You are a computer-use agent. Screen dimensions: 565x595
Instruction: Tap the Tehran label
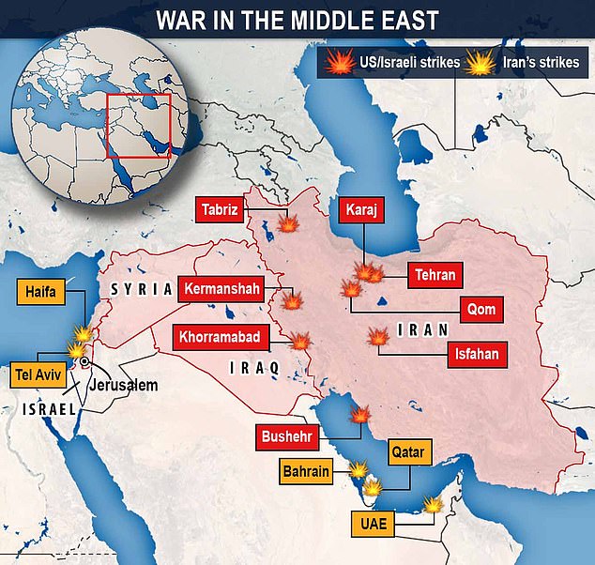click(x=434, y=275)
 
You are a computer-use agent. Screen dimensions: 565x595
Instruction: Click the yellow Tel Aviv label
click(x=36, y=373)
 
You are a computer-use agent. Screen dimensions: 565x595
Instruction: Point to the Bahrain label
click(x=306, y=471)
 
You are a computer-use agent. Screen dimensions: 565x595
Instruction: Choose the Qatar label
click(x=407, y=453)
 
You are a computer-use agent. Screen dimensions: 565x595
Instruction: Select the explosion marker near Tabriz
click(x=288, y=225)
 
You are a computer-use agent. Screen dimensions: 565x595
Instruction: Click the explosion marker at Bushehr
click(x=359, y=415)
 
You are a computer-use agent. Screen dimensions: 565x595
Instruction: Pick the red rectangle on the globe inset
click(x=138, y=125)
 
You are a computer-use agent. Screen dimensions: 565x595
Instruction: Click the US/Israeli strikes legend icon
click(x=337, y=64)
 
